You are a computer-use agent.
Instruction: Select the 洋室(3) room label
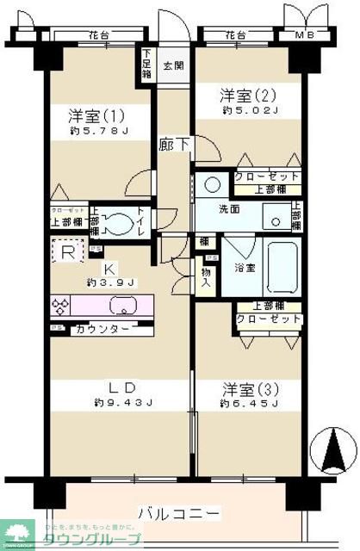[x=248, y=387]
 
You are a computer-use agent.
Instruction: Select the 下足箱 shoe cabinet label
[x=147, y=62]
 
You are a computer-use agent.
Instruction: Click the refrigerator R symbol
[x=67, y=251]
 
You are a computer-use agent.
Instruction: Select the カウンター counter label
[x=103, y=329]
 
